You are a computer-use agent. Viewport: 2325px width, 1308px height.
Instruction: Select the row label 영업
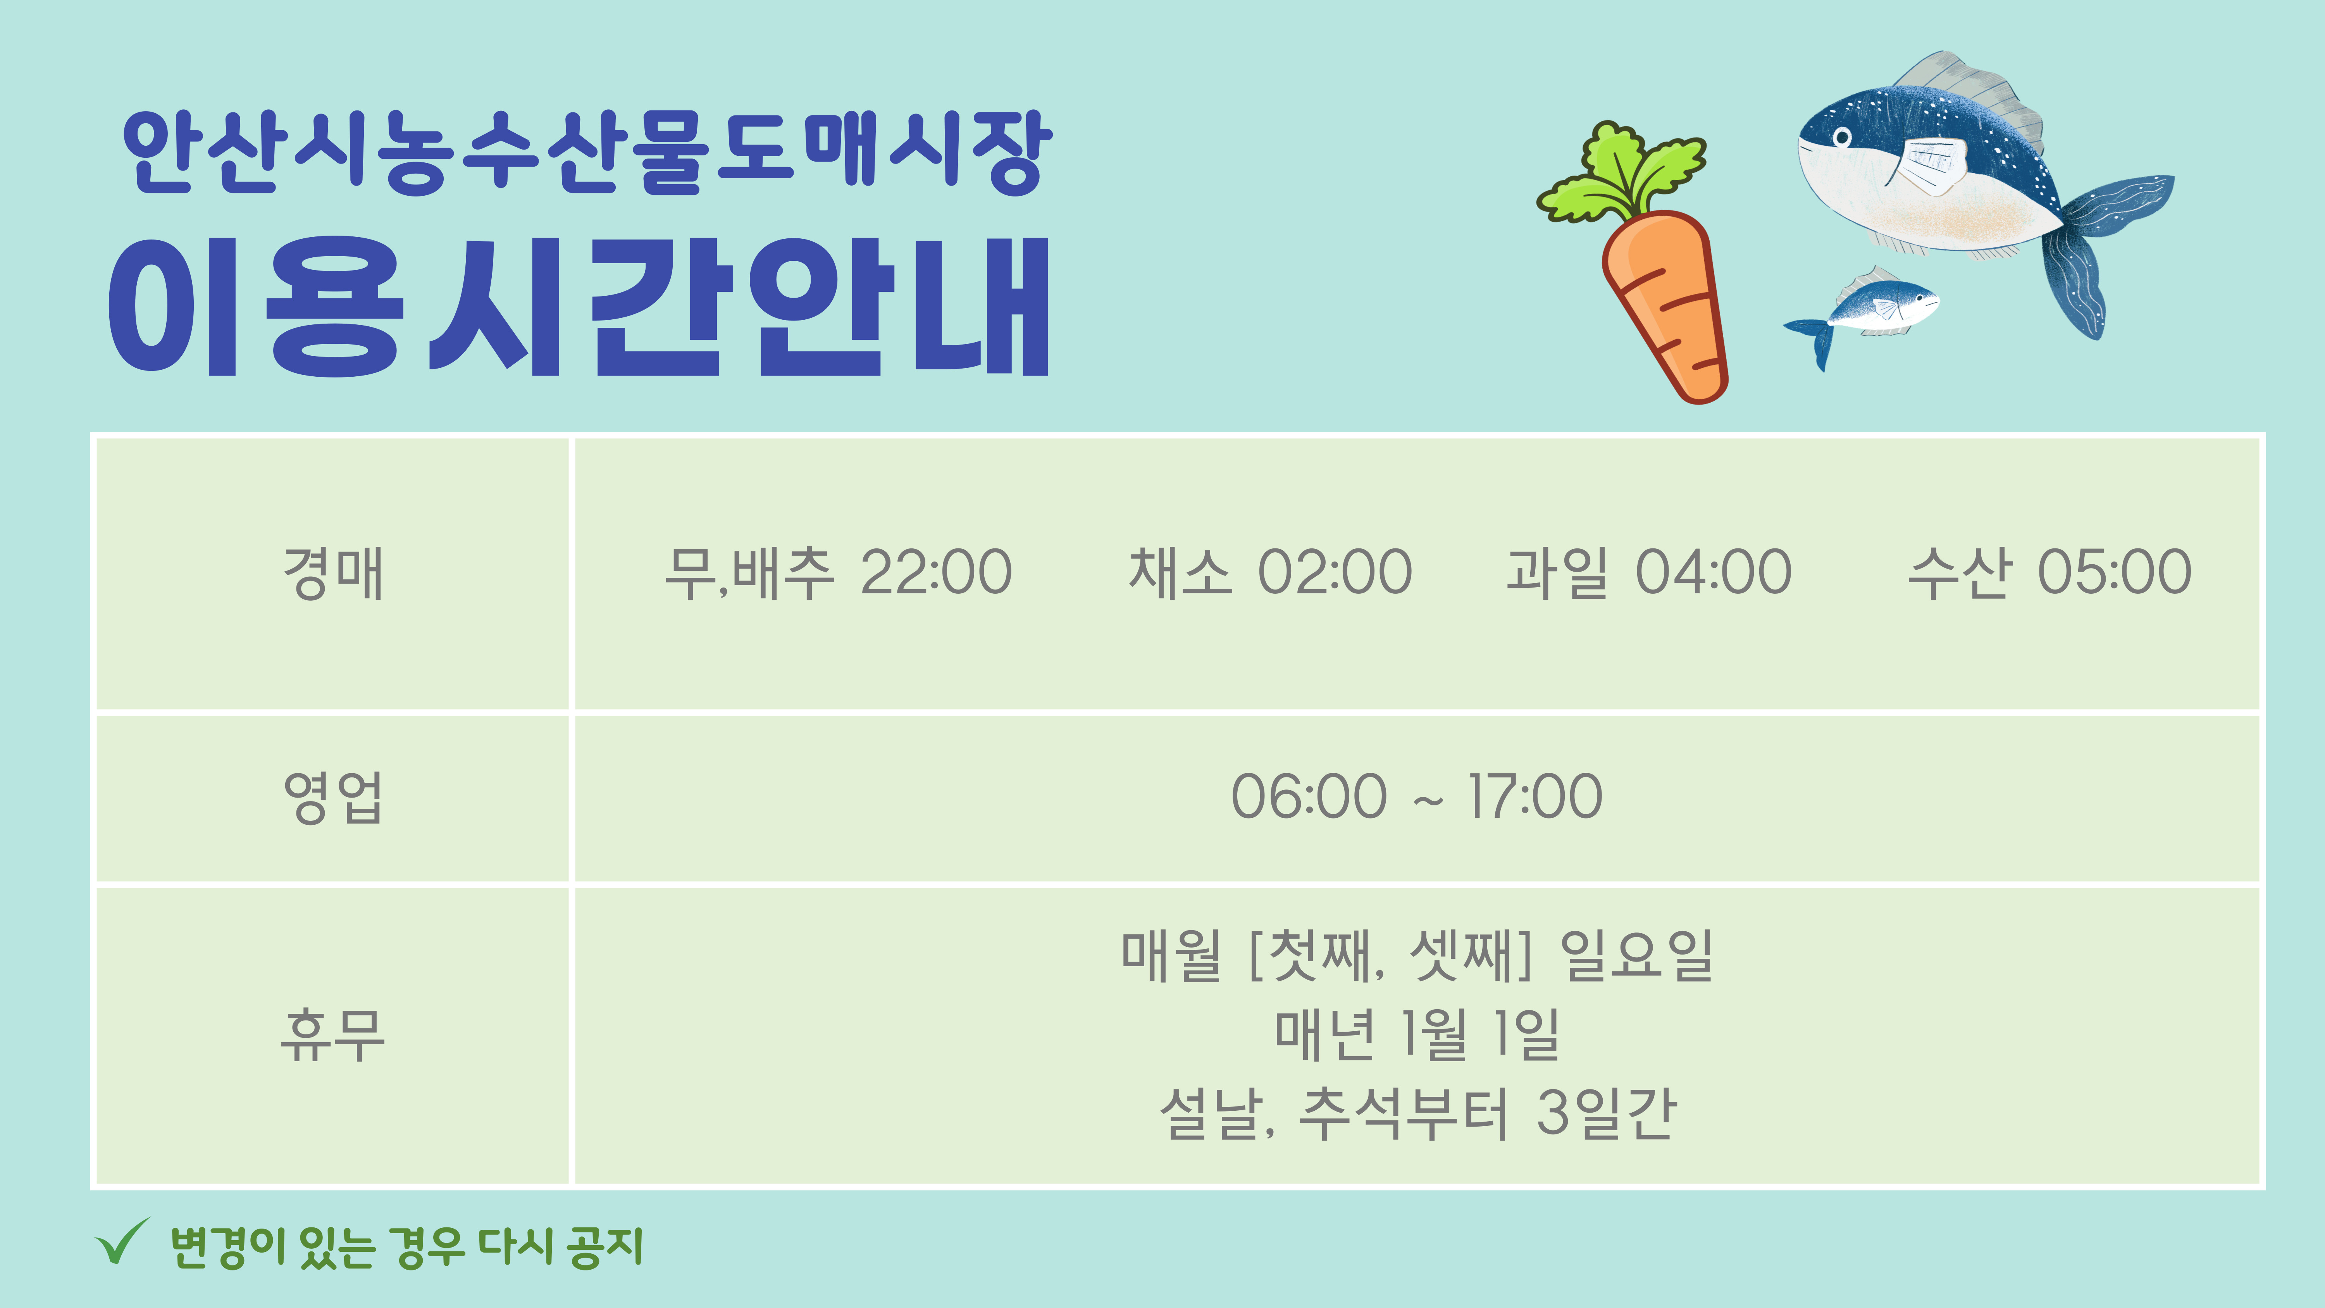coord(333,797)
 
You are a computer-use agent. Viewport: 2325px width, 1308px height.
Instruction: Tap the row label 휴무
coord(333,1034)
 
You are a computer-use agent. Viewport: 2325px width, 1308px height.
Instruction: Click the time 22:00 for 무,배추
coord(936,572)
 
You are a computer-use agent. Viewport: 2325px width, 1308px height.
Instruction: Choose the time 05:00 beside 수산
coord(2115,572)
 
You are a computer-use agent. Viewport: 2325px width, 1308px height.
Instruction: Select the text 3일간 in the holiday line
coord(1607,1113)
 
